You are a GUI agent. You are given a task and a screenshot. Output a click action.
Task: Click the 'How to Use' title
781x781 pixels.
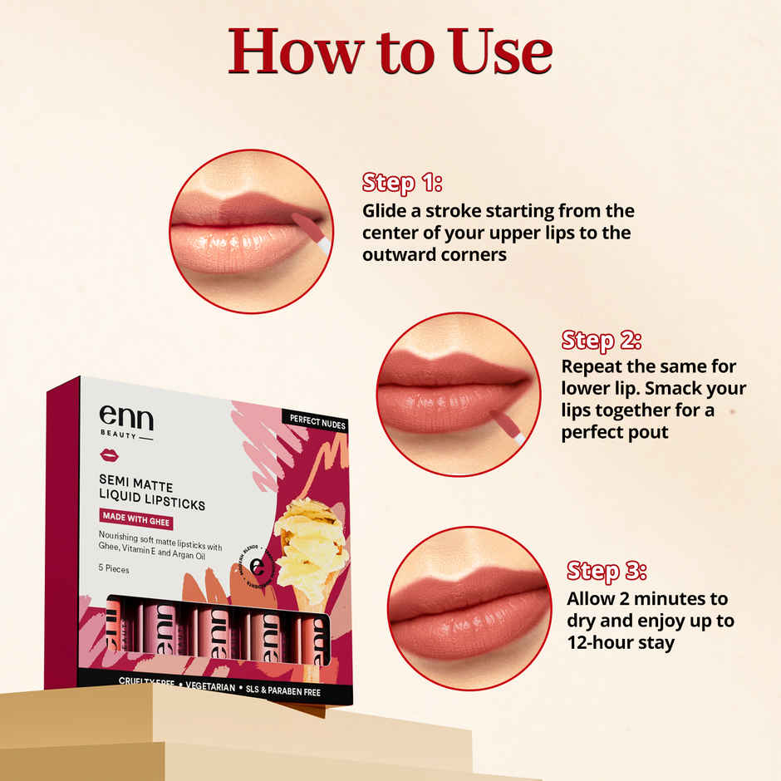pos(390,52)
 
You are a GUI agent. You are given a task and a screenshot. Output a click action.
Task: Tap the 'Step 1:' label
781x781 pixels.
pos(401,183)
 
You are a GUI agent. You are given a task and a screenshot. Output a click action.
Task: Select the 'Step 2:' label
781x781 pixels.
pos(601,340)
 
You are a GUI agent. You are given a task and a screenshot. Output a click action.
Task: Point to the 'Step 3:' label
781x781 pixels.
pos(607,571)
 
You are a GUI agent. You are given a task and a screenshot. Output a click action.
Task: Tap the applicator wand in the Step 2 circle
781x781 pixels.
pos(506,425)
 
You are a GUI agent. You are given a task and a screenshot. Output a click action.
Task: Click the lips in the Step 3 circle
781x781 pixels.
pos(469,611)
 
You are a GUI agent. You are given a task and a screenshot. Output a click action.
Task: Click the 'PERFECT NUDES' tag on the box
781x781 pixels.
pos(317,423)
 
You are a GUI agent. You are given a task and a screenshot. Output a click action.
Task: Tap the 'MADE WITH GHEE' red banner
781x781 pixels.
pos(135,523)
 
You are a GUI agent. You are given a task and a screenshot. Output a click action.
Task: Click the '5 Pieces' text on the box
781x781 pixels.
pos(114,570)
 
